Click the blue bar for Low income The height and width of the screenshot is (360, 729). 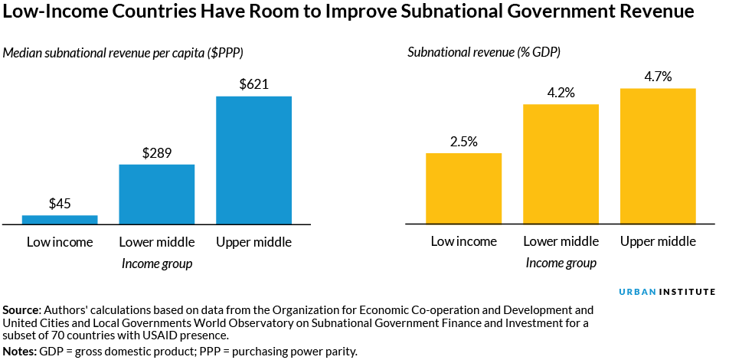click(x=60, y=220)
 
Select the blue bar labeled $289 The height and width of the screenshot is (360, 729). click(x=157, y=195)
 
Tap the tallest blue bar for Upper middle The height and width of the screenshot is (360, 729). click(x=253, y=160)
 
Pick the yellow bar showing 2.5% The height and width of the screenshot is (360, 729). click(x=463, y=188)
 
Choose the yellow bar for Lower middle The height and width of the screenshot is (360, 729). click(x=561, y=164)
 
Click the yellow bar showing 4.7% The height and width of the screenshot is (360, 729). click(x=658, y=156)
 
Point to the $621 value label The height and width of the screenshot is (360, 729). click(x=253, y=84)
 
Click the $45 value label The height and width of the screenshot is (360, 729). click(x=60, y=204)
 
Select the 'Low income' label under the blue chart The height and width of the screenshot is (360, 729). click(x=60, y=242)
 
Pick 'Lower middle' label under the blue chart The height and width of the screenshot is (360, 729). click(x=157, y=242)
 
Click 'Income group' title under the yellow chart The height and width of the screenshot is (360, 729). click(x=561, y=263)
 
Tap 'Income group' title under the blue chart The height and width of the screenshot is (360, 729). click(x=157, y=263)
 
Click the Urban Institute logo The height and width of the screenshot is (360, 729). click(x=666, y=292)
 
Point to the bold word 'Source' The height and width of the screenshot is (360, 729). click(x=21, y=310)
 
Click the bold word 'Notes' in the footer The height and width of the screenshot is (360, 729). click(x=19, y=351)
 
